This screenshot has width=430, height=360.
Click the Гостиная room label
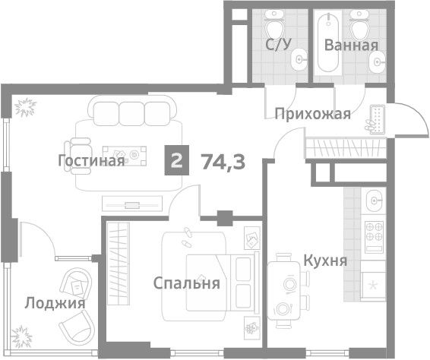[x=92, y=161]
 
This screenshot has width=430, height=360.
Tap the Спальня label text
[x=186, y=283]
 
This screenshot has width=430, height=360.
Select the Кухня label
[x=325, y=261]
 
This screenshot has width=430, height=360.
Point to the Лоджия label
[x=55, y=304]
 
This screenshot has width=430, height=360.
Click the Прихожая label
[x=313, y=114]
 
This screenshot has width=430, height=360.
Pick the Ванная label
[x=351, y=46]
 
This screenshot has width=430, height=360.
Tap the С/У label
[x=278, y=44]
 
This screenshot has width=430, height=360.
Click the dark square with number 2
[x=176, y=160]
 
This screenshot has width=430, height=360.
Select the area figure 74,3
[x=223, y=162]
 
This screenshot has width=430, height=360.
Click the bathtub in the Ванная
[x=328, y=42]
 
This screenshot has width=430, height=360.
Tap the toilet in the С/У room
[x=274, y=25]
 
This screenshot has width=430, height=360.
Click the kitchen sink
[x=374, y=201]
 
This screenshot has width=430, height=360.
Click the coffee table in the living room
[x=125, y=156]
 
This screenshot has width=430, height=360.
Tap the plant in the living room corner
[x=25, y=107]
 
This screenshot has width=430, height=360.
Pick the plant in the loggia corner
[x=21, y=336]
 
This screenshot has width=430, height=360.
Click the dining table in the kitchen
[x=284, y=291]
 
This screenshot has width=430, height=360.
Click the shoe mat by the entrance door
[x=378, y=119]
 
